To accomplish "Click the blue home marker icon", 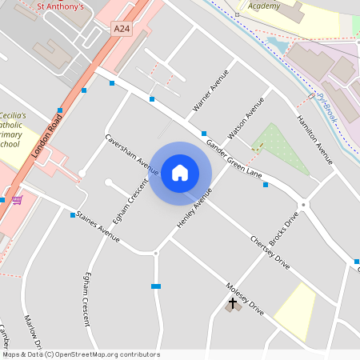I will (x=180, y=172).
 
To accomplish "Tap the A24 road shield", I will (x=122, y=30).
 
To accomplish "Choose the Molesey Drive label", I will (x=244, y=298).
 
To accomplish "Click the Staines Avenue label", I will (x=97, y=226).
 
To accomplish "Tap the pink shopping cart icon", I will (x=17, y=199).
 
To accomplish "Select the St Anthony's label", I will (x=61, y=7).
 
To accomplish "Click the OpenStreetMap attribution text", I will (x=81, y=354).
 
